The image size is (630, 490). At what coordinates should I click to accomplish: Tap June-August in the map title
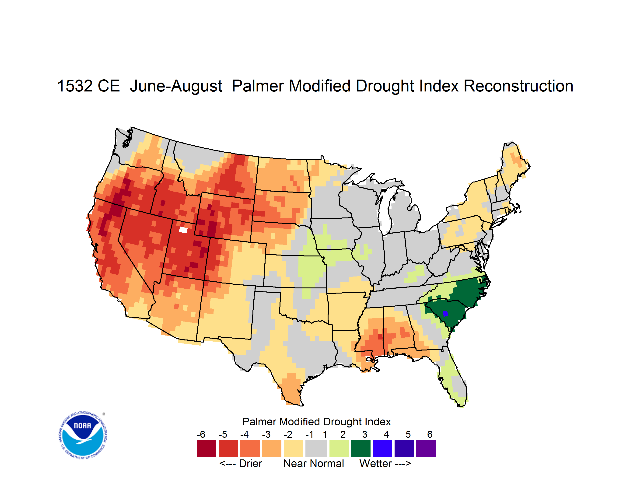[176, 86]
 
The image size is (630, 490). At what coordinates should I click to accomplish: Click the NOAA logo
[83, 435]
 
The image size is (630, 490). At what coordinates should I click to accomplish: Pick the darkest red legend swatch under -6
[206, 448]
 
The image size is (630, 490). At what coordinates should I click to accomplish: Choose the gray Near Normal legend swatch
[316, 448]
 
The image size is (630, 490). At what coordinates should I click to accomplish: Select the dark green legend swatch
[360, 448]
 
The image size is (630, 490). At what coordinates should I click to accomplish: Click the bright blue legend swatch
[382, 448]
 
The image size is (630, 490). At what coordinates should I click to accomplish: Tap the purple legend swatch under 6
[426, 448]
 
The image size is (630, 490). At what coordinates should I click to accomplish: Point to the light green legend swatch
[339, 448]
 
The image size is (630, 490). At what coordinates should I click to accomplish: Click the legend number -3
[266, 434]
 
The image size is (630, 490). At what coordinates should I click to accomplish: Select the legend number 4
[386, 434]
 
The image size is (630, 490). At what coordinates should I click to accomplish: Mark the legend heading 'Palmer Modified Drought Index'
[316, 422]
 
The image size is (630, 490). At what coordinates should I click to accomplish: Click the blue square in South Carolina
[445, 314]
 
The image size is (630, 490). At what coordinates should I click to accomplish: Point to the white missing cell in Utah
[183, 230]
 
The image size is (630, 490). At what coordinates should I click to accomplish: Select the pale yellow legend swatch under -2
[293, 448]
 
